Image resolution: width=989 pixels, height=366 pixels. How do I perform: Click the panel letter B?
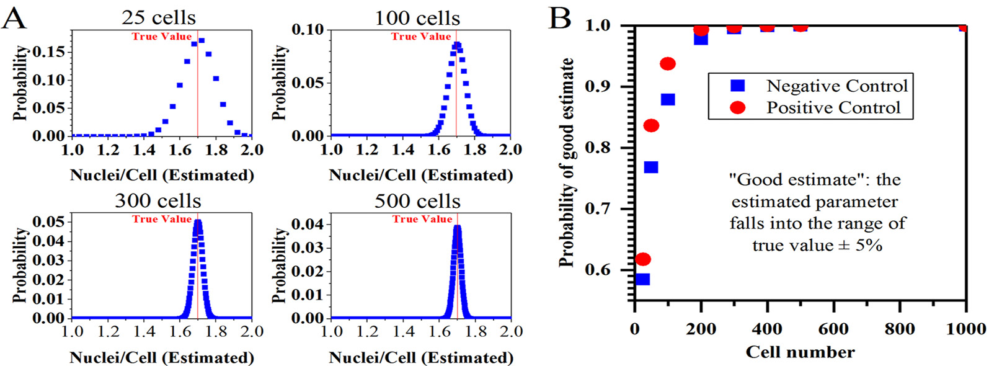(559, 18)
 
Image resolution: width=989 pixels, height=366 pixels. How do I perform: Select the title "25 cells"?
(158, 17)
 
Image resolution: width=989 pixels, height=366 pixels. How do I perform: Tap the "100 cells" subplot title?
(417, 18)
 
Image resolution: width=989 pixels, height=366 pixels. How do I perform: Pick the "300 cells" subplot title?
(158, 200)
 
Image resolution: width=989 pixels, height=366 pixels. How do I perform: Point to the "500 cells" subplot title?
(417, 201)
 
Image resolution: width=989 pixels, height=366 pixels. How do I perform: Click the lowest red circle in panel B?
(643, 259)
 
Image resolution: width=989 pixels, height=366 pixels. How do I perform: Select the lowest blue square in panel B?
(643, 279)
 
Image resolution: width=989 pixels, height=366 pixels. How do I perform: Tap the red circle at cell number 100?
(668, 64)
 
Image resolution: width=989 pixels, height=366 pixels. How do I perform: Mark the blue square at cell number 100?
(668, 99)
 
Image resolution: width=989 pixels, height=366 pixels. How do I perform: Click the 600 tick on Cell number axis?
(833, 329)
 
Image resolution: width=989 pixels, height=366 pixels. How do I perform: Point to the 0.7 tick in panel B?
(600, 208)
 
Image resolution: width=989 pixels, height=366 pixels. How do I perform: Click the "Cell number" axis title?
(800, 352)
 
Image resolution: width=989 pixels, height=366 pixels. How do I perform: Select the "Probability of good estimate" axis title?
(566, 163)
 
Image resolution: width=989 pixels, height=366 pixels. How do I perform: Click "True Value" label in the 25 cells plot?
(162, 37)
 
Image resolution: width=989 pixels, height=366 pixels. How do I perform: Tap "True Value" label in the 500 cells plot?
(422, 219)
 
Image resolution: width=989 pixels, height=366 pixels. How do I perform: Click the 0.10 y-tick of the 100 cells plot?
(308, 29)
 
